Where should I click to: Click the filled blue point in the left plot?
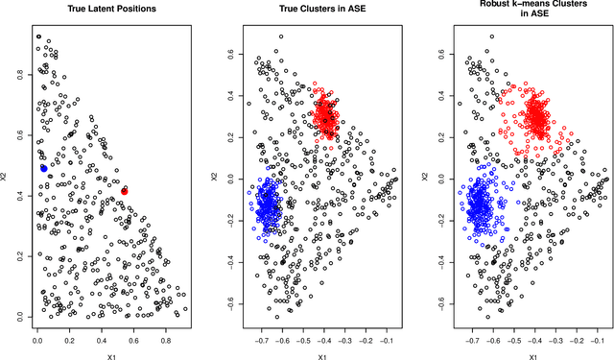pyautogui.click(x=44, y=168)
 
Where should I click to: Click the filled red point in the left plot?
pyautogui.click(x=125, y=192)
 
